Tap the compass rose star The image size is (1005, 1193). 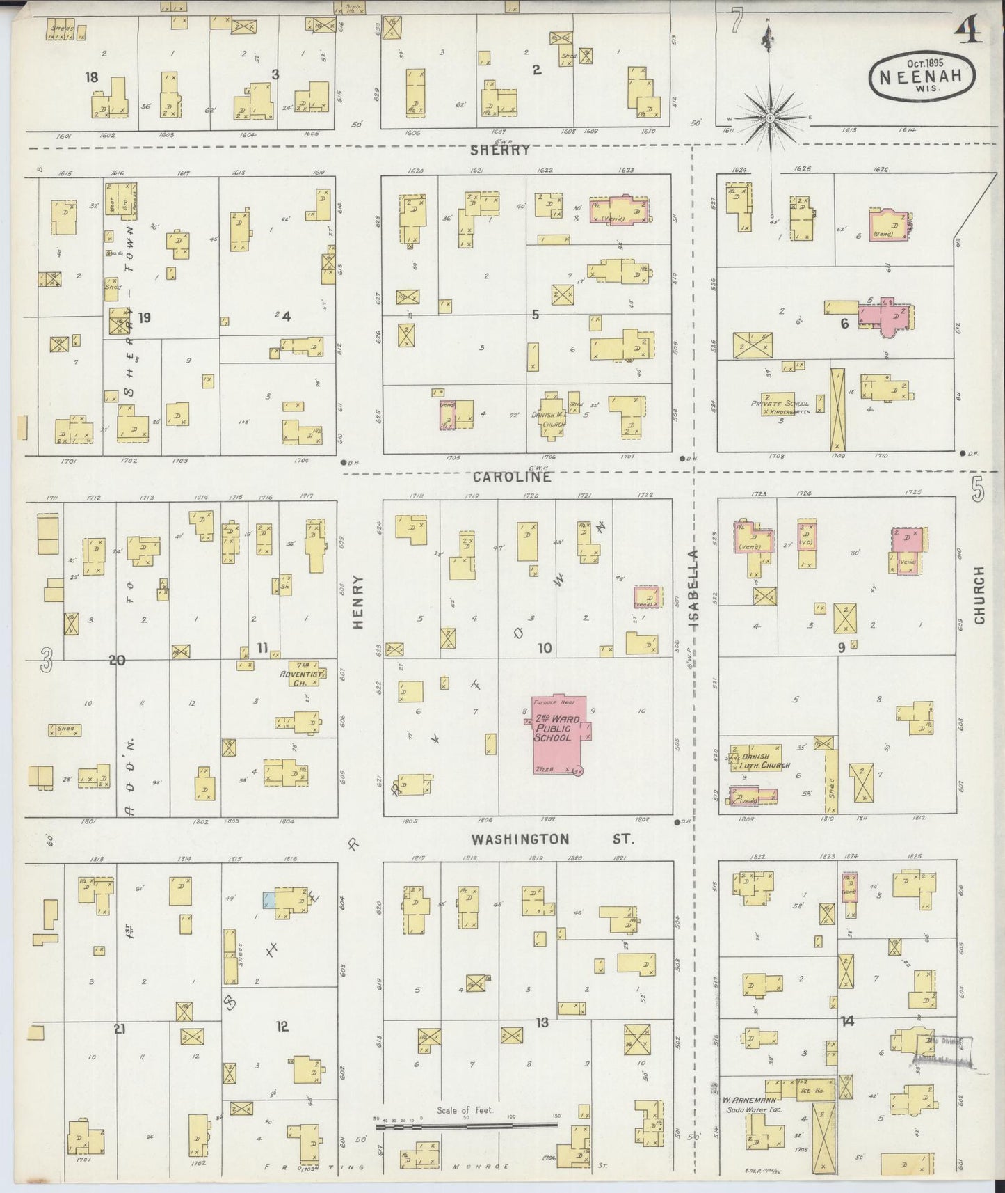click(x=771, y=118)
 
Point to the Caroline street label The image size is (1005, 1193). click(x=513, y=477)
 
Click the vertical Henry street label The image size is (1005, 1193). click(x=358, y=603)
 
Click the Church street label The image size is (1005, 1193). click(x=979, y=594)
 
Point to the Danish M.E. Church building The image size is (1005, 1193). click(x=553, y=415)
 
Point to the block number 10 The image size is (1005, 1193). click(x=544, y=649)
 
